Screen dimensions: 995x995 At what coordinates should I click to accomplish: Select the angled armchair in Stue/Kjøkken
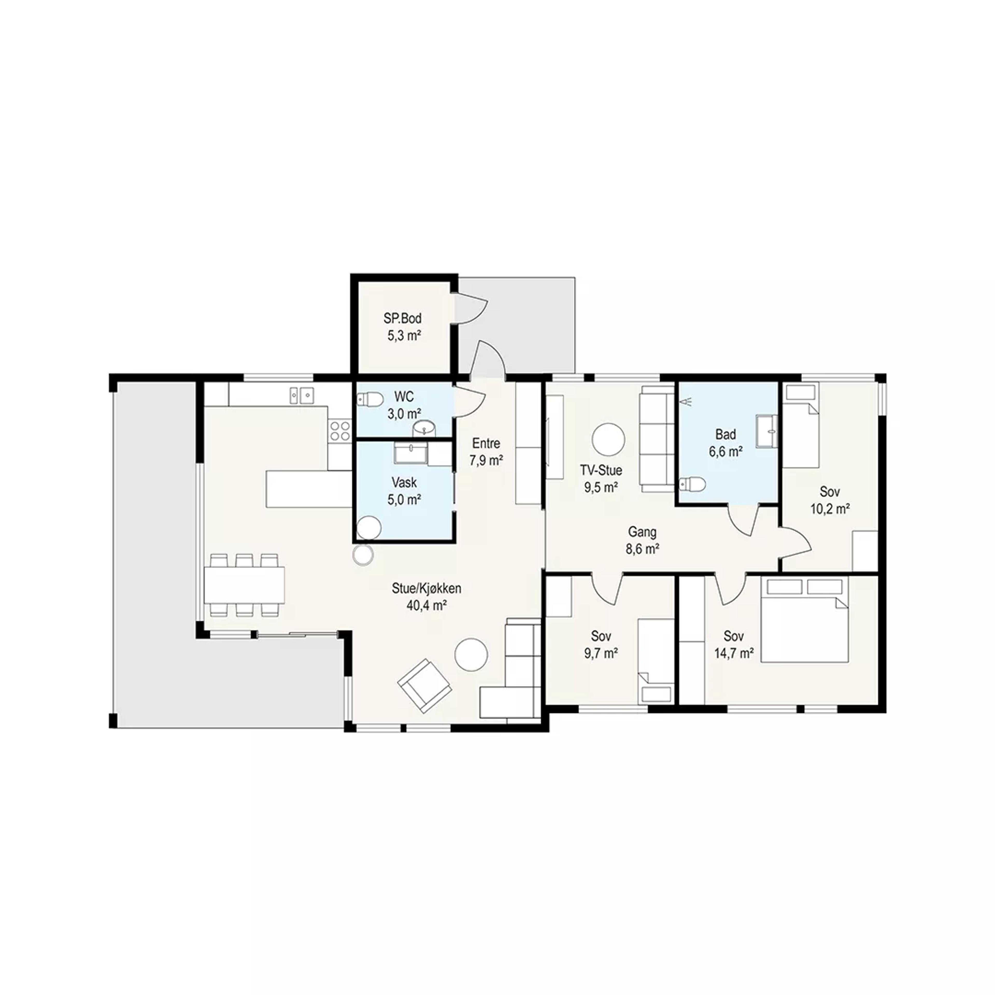coord(425,685)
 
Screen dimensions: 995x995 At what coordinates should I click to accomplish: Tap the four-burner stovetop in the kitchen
coord(339,431)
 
